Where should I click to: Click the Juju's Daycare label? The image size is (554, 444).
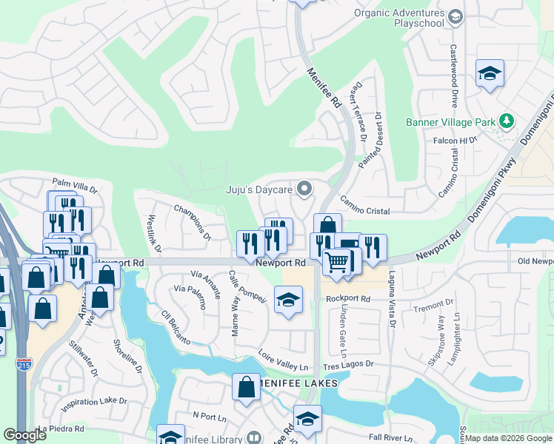pos(259,190)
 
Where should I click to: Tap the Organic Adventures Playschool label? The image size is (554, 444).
pos(399,18)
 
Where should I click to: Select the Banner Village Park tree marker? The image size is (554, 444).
pos(507,121)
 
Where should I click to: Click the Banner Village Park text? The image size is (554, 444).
pos(450,121)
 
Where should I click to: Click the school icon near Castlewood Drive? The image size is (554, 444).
pos(490,73)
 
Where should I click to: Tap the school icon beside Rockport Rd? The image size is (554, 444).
pos(289,300)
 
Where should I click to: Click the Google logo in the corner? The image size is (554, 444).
pos(24,435)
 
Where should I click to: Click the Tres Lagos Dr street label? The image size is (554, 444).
pos(348,364)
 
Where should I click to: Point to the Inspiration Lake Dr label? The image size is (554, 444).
pos(94,404)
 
